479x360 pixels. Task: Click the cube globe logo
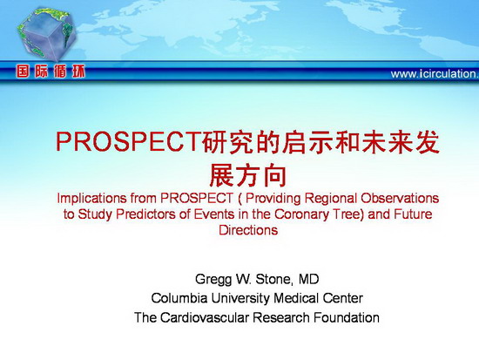[46, 33]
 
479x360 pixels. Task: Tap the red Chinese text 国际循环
[51, 71]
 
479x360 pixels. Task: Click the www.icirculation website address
[435, 74]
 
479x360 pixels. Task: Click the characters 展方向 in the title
[248, 175]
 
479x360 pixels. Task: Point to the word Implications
[91, 199]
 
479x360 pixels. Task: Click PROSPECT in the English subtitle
[197, 198]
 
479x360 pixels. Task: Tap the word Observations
[400, 198]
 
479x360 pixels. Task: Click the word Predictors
[146, 214]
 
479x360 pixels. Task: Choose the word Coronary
[302, 214]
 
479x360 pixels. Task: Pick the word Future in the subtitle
[413, 214]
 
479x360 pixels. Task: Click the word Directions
[248, 230]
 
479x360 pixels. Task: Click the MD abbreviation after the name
[309, 279]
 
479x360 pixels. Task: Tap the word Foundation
[346, 317]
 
